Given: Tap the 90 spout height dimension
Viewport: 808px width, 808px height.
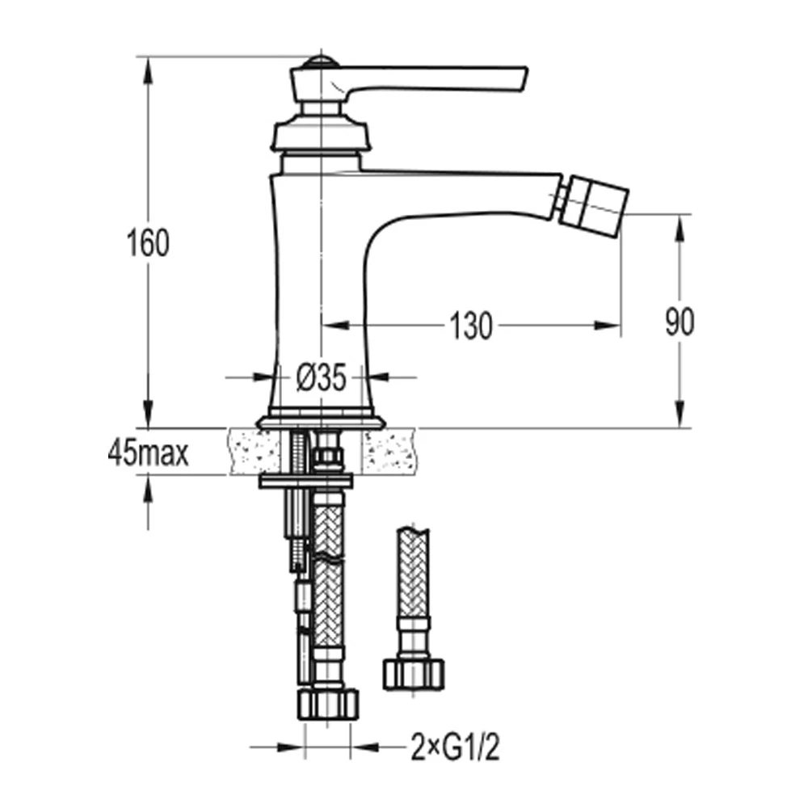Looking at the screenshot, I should tap(680, 322).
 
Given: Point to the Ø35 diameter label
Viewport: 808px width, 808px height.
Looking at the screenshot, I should tap(321, 377).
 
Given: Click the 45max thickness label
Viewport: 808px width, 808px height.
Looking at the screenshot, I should tap(148, 454).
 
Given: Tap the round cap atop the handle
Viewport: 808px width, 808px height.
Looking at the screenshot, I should tap(321, 61).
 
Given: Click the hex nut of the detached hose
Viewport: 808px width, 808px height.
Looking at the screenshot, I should tap(412, 672).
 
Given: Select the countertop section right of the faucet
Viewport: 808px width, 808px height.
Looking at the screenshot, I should tap(391, 451).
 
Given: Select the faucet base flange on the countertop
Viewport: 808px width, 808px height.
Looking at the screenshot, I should tap(321, 422).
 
